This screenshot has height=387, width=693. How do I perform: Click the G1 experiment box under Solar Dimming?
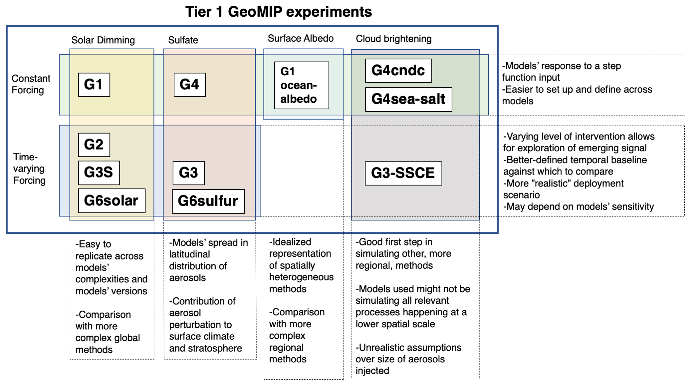click(x=94, y=85)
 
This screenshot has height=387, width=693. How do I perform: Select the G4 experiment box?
click(x=190, y=85)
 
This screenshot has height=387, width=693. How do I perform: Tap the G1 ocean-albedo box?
click(x=301, y=85)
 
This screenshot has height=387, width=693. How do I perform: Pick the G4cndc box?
click(x=398, y=71)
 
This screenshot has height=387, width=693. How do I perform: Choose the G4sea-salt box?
click(x=408, y=99)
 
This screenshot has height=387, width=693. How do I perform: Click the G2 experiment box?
click(x=94, y=145)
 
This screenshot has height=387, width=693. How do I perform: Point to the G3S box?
click(x=98, y=173)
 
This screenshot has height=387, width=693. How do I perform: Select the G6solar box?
click(x=111, y=201)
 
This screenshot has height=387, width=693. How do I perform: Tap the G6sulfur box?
click(x=208, y=201)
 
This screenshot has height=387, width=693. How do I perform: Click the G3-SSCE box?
click(x=403, y=173)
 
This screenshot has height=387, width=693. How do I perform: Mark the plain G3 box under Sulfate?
click(x=188, y=173)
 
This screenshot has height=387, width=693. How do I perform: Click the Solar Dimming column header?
click(x=103, y=40)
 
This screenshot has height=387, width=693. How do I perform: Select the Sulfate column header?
click(x=183, y=40)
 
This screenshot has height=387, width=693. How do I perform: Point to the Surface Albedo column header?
click(x=301, y=38)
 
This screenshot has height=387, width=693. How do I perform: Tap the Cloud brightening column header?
click(x=394, y=39)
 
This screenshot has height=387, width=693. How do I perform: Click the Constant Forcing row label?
click(x=31, y=84)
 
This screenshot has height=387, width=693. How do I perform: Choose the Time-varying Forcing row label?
click(x=29, y=169)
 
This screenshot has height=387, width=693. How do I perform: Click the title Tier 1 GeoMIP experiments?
click(x=278, y=12)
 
